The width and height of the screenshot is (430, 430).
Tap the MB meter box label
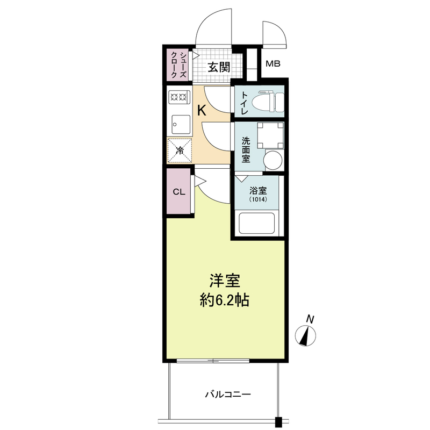(x=273, y=64)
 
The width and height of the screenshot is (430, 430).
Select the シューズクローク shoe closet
(x=177, y=66)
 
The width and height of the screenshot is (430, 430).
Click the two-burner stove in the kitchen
(x=178, y=97)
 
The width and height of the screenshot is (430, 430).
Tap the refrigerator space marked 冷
(x=180, y=150)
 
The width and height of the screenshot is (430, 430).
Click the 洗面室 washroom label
(x=246, y=150)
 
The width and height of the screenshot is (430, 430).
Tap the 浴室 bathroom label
(x=257, y=190)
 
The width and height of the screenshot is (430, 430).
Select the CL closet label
(x=179, y=192)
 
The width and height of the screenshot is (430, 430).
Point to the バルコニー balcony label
(x=227, y=395)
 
